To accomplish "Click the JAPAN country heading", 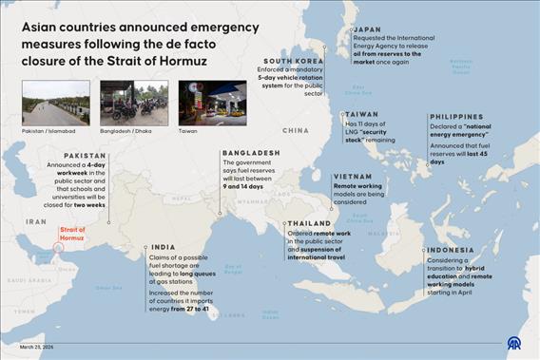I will (367, 29).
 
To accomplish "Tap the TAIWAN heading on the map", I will (360, 114).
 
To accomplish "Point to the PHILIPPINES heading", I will (455, 117).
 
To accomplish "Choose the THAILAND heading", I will (308, 223).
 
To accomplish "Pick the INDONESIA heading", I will (451, 250).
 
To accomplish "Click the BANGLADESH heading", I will (251, 152).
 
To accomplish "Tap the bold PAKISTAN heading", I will (85, 154).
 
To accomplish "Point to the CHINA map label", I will (296, 130).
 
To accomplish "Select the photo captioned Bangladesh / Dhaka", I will (126, 103).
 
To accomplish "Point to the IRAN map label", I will (35, 220).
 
